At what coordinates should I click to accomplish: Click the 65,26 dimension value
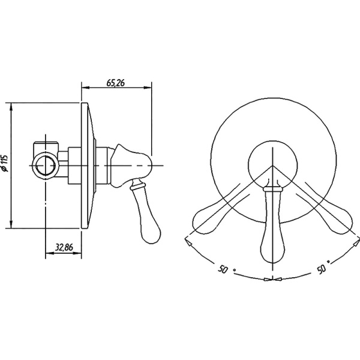pos(115,83)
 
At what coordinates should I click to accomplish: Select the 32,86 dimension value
pos(64,247)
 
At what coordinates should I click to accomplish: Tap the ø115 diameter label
pos(5,163)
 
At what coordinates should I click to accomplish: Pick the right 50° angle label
pos(323,267)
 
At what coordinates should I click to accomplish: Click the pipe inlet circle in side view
pos(46,166)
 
